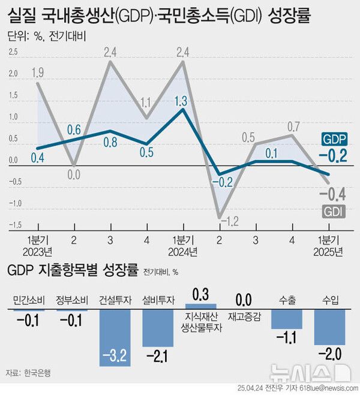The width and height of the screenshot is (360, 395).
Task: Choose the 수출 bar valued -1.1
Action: tap(287, 319)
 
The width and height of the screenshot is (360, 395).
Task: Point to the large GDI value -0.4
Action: tap(331, 193)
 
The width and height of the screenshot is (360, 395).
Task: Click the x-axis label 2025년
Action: tap(329, 251)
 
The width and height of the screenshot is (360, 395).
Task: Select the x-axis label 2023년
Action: tap(37, 251)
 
